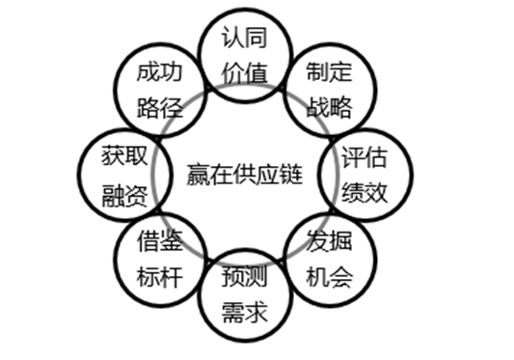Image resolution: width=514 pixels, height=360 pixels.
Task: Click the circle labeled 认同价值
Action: (x=242, y=56)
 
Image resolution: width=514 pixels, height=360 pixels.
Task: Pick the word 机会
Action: (x=330, y=277)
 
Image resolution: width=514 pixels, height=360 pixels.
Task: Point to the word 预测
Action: (x=243, y=278)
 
